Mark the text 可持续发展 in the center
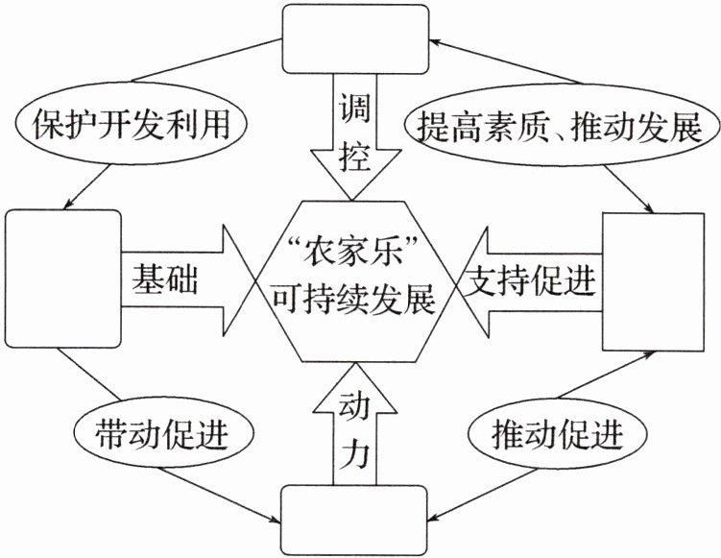point(354,301)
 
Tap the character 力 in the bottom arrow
point(353,451)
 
